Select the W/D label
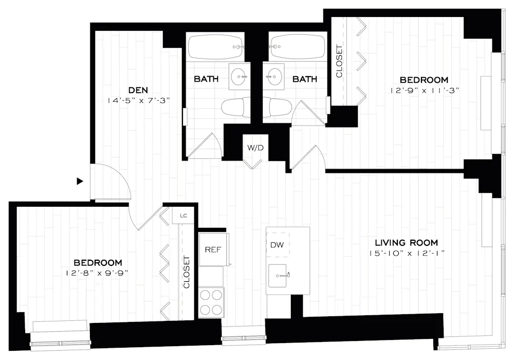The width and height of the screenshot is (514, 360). pyautogui.click(x=255, y=148)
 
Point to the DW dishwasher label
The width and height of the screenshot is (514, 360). pyautogui.click(x=277, y=245)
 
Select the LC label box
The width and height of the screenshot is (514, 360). pyautogui.click(x=183, y=216)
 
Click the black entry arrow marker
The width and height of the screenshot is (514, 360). pyautogui.click(x=80, y=181)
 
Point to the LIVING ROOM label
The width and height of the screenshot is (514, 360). pyautogui.click(x=406, y=243)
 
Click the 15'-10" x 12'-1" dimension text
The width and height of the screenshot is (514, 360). pyautogui.click(x=406, y=253)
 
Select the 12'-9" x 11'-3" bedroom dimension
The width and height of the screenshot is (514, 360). pyautogui.click(x=424, y=90)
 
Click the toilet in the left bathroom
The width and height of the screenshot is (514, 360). pyautogui.click(x=235, y=108)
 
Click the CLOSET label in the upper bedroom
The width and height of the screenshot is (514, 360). pyautogui.click(x=339, y=62)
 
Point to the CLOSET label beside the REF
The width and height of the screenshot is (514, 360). pyautogui.click(x=187, y=273)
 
